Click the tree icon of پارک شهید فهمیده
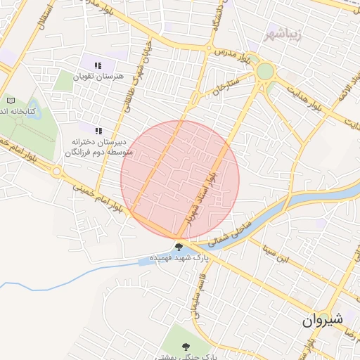point(179,247)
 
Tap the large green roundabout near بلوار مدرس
point(265,71)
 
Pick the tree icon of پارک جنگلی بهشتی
point(186,347)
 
